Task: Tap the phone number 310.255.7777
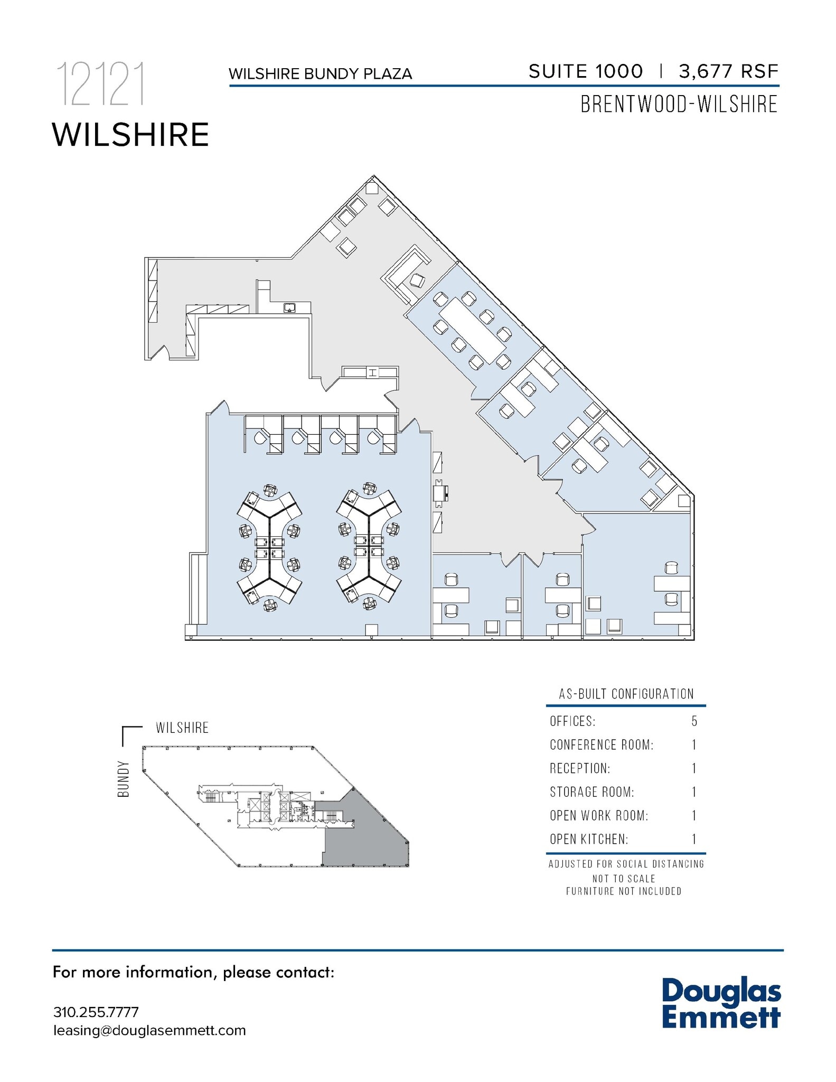[96, 1012]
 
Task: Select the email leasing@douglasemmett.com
[149, 1030]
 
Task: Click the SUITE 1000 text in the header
[586, 71]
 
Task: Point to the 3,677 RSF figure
[728, 71]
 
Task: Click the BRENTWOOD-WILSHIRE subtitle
[679, 104]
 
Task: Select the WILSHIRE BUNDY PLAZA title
[320, 74]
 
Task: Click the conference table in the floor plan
[473, 330]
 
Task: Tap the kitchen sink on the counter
[289, 307]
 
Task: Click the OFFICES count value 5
[694, 721]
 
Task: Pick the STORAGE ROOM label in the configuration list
[591, 792]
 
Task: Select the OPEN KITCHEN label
[589, 839]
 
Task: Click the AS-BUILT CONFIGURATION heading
[626, 694]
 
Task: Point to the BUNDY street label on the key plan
[124, 779]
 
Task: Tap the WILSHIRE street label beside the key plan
[182, 727]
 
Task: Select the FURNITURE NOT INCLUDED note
[624, 891]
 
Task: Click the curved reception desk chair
[418, 281]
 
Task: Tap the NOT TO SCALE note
[624, 879]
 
